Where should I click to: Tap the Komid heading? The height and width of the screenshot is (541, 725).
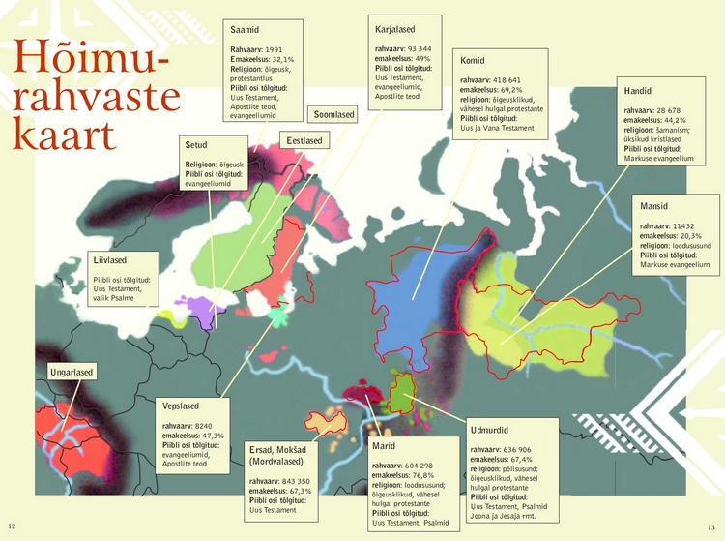[x=473, y=61]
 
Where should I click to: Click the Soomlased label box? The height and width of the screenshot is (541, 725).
[x=333, y=115]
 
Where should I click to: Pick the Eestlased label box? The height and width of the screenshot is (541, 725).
[x=304, y=141]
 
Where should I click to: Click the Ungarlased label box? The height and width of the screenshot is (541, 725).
[x=71, y=373]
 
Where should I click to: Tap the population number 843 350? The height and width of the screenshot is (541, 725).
[x=291, y=481]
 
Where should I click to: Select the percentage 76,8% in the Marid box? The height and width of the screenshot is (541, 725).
[x=420, y=475]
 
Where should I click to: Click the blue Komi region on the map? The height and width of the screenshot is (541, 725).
[x=425, y=295]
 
